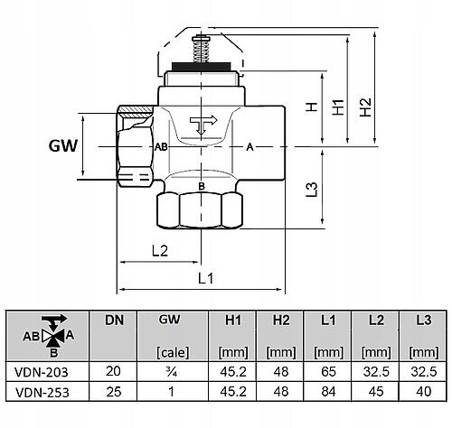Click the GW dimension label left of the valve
pyautogui.click(x=63, y=146)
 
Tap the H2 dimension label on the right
pyautogui.click(x=366, y=107)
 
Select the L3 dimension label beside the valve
pyautogui.click(x=312, y=190)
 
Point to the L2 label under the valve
pyautogui.click(x=160, y=251)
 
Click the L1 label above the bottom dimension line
pyautogui.click(x=206, y=278)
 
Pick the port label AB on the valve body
pyautogui.click(x=161, y=147)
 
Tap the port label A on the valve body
pyautogui.click(x=250, y=147)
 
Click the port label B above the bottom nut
pyautogui.click(x=202, y=186)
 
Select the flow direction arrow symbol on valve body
pyautogui.click(x=203, y=125)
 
